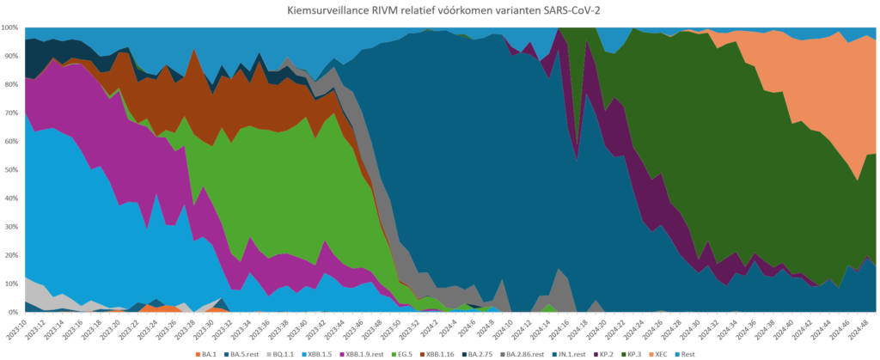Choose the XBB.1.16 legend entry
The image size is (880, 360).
coord(439,353)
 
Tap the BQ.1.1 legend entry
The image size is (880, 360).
coord(288,353)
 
